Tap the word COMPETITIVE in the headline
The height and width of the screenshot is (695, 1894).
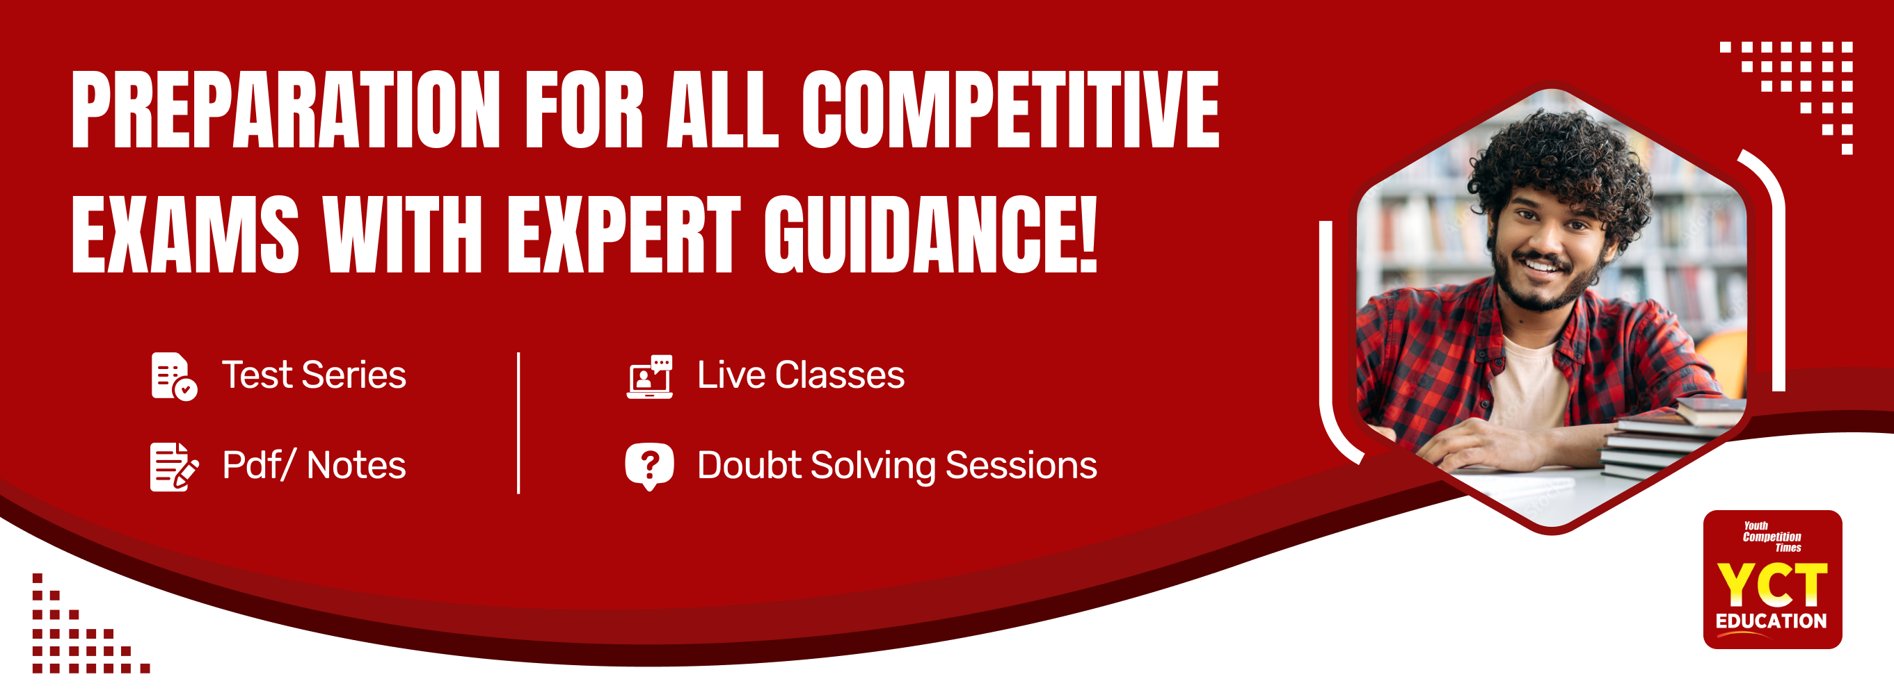pyautogui.click(x=1010, y=110)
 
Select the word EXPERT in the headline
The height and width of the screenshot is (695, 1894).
pyautogui.click(x=624, y=234)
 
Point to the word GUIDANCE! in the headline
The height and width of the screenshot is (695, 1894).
pyautogui.click(x=931, y=234)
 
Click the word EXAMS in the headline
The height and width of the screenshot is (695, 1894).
pyautogui.click(x=185, y=234)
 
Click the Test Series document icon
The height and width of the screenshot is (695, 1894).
pyautogui.click(x=173, y=376)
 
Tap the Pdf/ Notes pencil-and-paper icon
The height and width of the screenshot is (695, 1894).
pyautogui.click(x=173, y=466)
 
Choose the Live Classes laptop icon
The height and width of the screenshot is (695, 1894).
pyautogui.click(x=649, y=377)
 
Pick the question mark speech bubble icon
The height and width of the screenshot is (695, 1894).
pyautogui.click(x=649, y=466)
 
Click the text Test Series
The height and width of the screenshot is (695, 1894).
pyautogui.click(x=314, y=375)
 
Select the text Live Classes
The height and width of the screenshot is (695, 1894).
pyautogui.click(x=801, y=375)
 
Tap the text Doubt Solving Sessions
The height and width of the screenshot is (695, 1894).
pyautogui.click(x=897, y=466)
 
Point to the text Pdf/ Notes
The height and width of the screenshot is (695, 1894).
pyautogui.click(x=314, y=465)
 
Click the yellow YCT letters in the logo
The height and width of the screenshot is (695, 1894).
pyautogui.click(x=1772, y=584)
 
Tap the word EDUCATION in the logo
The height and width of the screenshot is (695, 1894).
pyautogui.click(x=1772, y=621)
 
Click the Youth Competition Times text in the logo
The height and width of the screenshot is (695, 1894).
pyautogui.click(x=1772, y=537)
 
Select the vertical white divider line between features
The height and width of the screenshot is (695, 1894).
pyautogui.click(x=518, y=423)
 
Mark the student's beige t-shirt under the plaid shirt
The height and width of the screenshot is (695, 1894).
pyautogui.click(x=1533, y=382)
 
